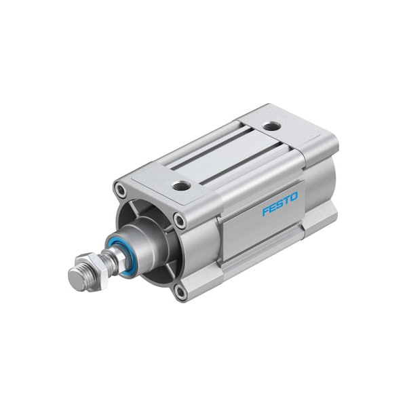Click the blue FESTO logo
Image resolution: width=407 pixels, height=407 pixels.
click(x=279, y=204)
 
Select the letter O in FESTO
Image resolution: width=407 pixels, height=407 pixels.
click(x=294, y=197)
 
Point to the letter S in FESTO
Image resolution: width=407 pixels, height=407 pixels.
click(x=279, y=205)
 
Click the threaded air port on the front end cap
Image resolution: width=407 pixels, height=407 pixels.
click(x=181, y=185)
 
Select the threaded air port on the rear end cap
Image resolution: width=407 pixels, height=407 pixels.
click(x=271, y=126)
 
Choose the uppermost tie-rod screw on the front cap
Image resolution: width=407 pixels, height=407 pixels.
click(x=121, y=190)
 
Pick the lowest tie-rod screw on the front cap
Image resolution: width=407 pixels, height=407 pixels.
click(x=179, y=292)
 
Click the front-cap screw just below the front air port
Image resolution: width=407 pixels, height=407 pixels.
click(x=180, y=220)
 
